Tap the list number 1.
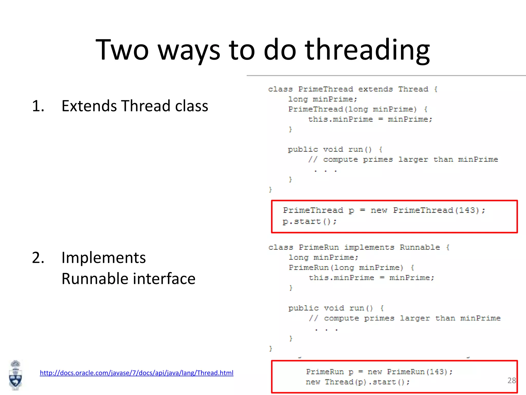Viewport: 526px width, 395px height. pos(38,106)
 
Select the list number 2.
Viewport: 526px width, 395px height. pos(38,258)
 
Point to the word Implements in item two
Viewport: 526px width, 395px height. pos(104,258)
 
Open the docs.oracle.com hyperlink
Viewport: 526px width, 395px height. pos(136,373)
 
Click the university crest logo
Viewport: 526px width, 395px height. pos(15,375)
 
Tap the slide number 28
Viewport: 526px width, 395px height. pos(511,380)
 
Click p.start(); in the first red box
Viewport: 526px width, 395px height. pos(309,221)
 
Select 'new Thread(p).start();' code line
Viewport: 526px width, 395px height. pos(358,382)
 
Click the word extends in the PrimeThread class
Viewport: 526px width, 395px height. pos(375,89)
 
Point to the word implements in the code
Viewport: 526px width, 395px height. pos(369,247)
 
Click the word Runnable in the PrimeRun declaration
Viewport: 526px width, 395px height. pos(420,247)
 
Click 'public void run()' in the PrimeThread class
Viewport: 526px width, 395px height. pos(330,149)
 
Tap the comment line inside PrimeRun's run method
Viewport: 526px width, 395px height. pos(405,318)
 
